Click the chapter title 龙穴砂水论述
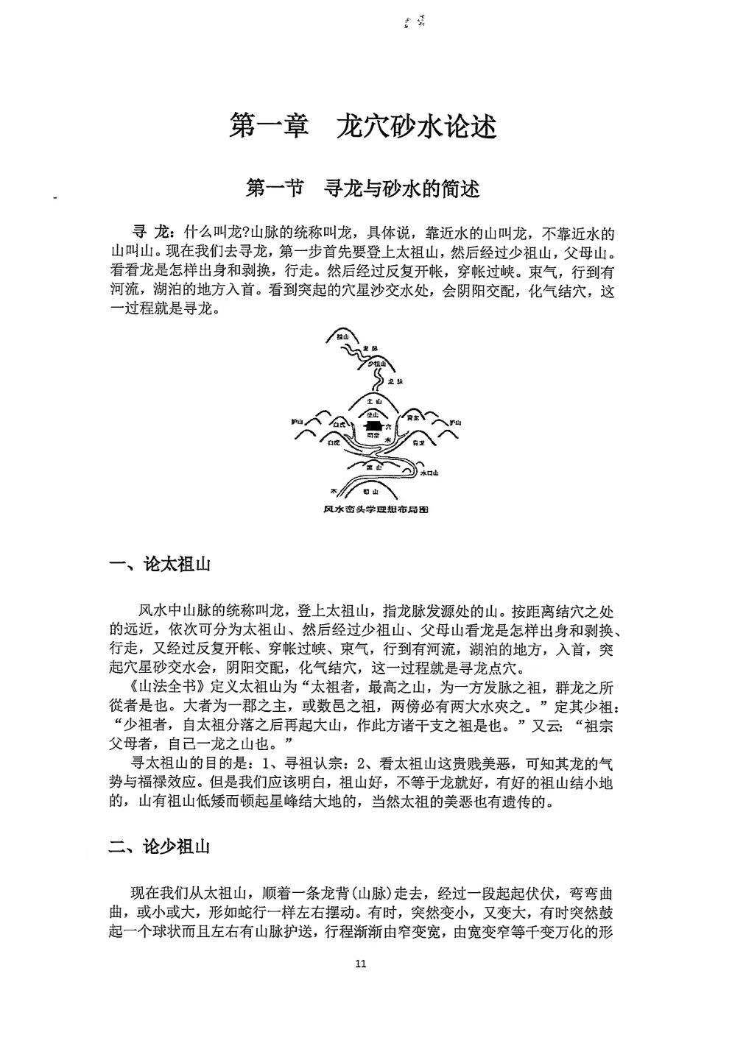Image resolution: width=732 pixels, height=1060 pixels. point(416,127)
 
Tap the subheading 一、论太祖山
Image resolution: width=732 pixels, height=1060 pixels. point(160,565)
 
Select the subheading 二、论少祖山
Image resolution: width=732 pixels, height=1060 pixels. point(160,847)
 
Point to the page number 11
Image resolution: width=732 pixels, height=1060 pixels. point(360,964)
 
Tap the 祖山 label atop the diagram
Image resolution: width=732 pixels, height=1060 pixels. point(341,336)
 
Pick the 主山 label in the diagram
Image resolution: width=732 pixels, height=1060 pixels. point(375,402)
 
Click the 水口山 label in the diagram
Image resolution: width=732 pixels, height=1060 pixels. point(429,473)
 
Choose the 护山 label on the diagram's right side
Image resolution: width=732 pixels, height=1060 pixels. point(455,423)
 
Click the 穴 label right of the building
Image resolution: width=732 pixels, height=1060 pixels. point(390,427)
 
